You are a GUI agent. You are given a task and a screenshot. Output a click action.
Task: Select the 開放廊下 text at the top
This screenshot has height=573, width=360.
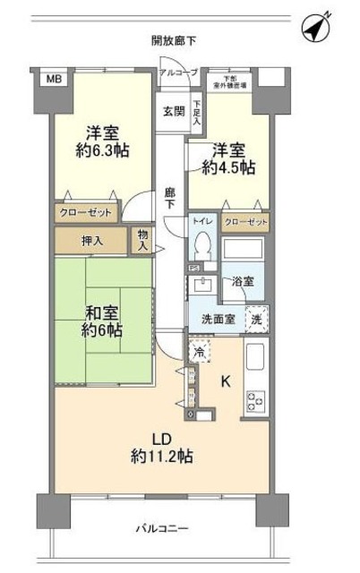[174, 40]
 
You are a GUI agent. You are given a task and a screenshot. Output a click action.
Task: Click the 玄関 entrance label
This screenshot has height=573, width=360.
[172, 112]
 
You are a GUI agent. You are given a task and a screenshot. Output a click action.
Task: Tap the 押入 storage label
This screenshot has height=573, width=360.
[93, 240]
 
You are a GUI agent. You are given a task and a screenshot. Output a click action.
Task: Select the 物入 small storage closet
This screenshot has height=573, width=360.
[143, 240]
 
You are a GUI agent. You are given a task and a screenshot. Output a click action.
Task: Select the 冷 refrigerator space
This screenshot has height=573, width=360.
[197, 350]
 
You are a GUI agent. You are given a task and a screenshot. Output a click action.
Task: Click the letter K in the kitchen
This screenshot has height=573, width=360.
[227, 381]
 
